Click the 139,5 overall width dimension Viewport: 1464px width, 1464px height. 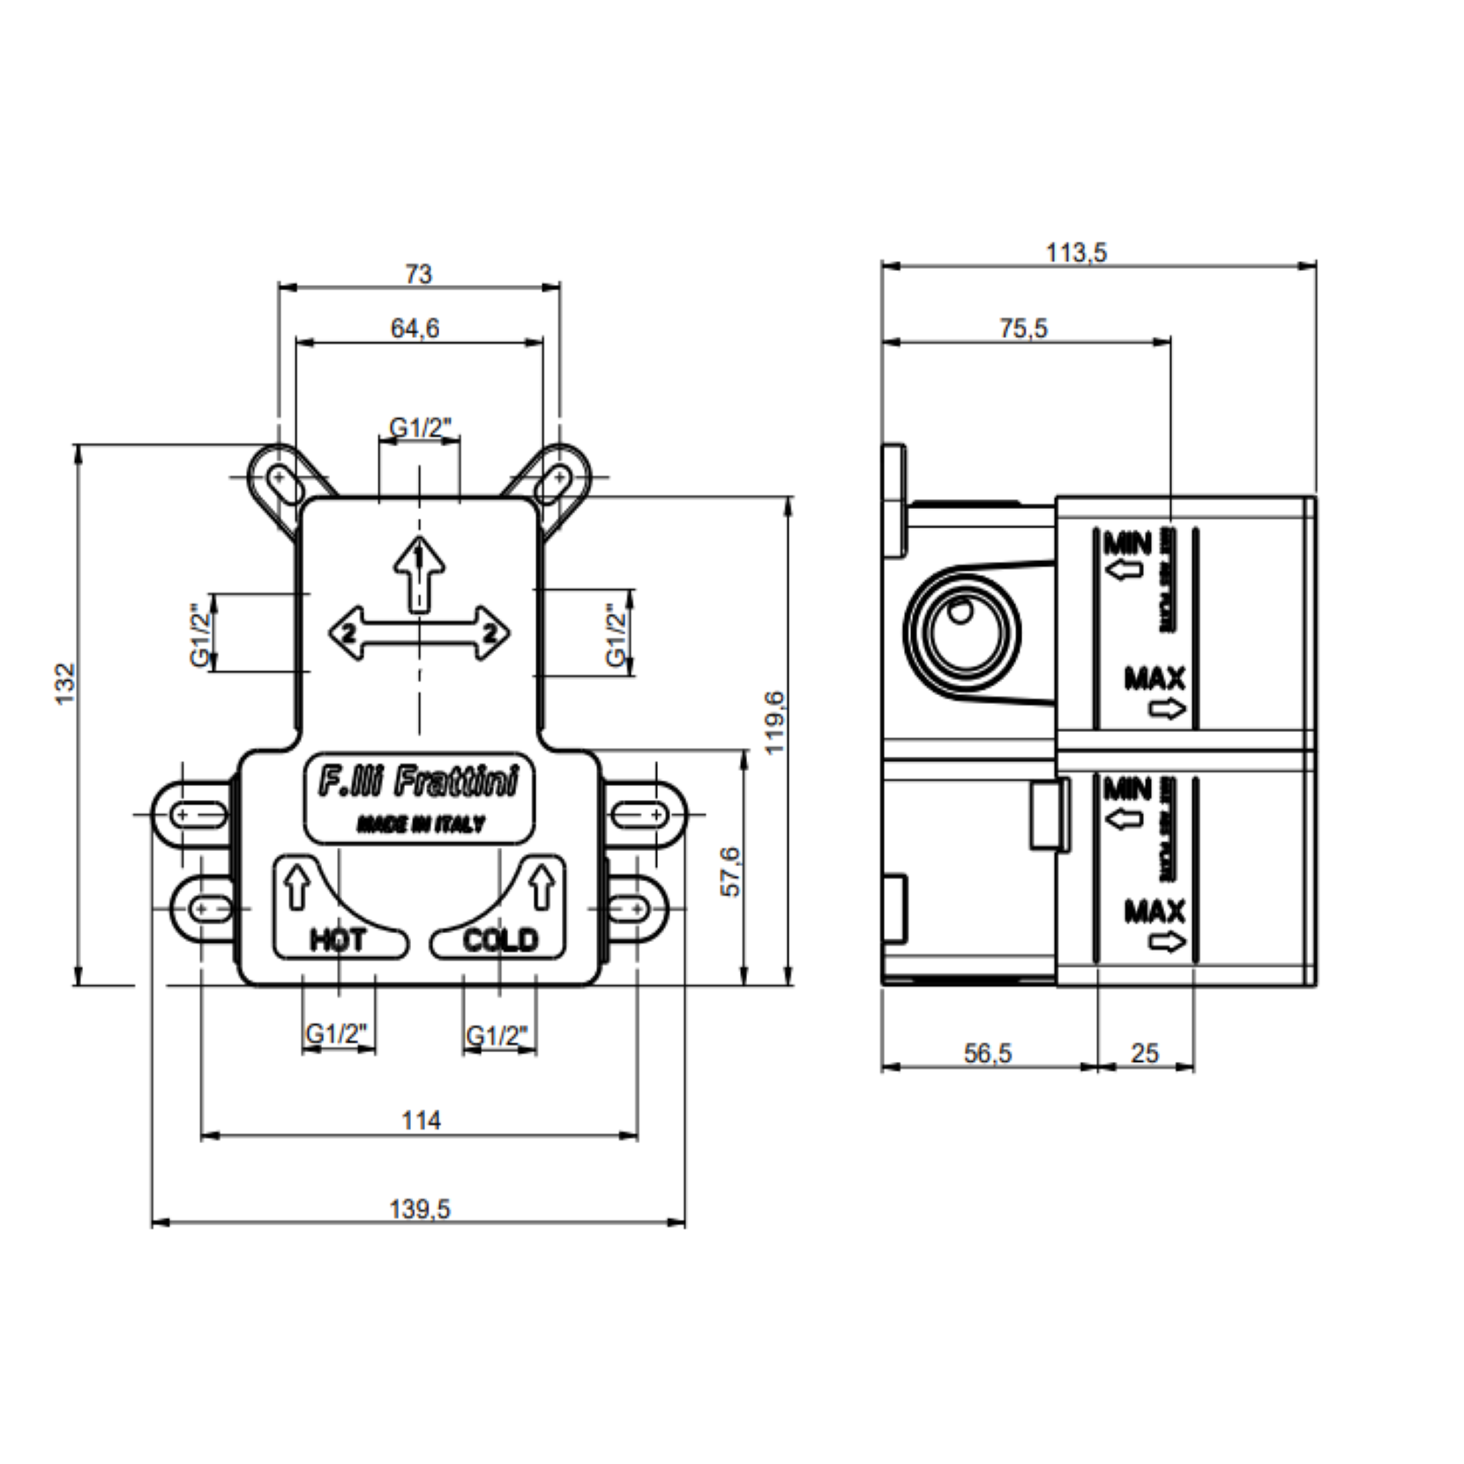[x=420, y=1208]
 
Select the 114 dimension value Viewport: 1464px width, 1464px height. [x=421, y=1120]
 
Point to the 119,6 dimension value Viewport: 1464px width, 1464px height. [x=774, y=721]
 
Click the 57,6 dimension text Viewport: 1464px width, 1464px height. [x=731, y=871]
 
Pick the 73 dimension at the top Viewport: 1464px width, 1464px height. [x=419, y=274]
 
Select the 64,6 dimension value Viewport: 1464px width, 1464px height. [x=415, y=328]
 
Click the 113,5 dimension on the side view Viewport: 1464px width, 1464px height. [x=1076, y=253]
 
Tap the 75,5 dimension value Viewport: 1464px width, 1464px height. [x=1023, y=328]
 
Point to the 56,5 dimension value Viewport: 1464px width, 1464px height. [x=988, y=1053]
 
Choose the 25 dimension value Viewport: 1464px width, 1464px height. [x=1144, y=1053]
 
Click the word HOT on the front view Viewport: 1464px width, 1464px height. [x=338, y=940]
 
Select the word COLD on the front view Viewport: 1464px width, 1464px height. [x=500, y=940]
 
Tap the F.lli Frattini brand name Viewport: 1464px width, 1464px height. [x=418, y=782]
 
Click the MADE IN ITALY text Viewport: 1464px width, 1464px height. [x=420, y=825]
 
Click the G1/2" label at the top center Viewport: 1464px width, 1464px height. [x=420, y=428]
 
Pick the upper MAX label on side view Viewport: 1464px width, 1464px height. [x=1154, y=679]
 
